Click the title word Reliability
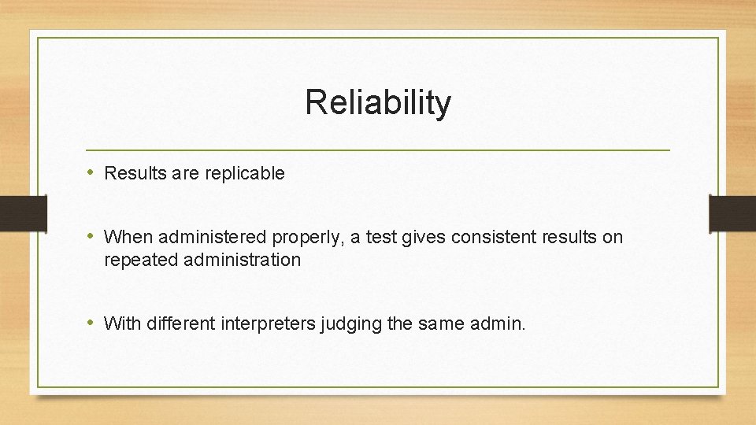(378, 102)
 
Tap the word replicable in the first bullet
(245, 174)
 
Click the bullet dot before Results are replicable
(91, 173)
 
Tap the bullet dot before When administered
(91, 236)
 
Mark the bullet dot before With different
(91, 323)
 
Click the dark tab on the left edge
(14, 213)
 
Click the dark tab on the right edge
(732, 213)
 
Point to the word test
(383, 236)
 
